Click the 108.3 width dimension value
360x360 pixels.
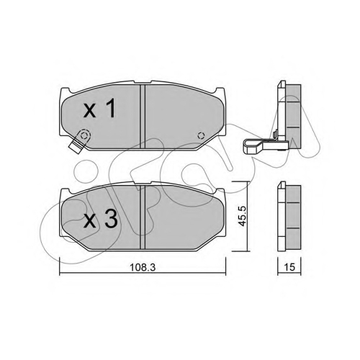click(x=143, y=267)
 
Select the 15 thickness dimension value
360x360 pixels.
click(x=289, y=267)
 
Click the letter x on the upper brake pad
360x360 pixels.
click(x=90, y=112)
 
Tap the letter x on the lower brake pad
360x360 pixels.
click(x=90, y=221)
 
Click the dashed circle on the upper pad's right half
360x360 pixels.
click(x=201, y=135)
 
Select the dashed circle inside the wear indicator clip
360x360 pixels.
click(x=84, y=135)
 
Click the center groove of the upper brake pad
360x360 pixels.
click(x=143, y=117)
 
